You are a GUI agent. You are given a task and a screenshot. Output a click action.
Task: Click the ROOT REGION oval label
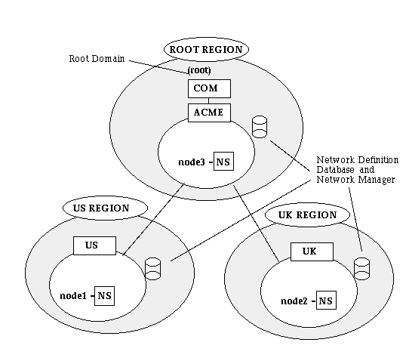click(x=206, y=49)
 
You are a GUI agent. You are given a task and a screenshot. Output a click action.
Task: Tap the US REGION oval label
click(x=105, y=208)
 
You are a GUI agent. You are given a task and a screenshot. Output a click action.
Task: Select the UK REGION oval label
click(x=307, y=215)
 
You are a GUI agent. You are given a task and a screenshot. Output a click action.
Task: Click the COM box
click(x=209, y=89)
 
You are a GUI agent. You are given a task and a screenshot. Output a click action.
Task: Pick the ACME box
click(x=209, y=113)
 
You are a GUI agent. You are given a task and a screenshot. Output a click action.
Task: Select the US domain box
click(x=94, y=245)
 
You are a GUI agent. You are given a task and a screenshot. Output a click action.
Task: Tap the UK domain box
click(x=312, y=251)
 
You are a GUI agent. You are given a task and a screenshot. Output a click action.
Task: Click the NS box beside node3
click(x=223, y=162)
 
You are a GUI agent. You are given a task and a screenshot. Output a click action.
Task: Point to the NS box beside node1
click(x=104, y=296)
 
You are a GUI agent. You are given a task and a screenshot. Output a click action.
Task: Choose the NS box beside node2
click(x=326, y=301)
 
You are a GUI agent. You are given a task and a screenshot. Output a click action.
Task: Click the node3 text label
click(x=192, y=162)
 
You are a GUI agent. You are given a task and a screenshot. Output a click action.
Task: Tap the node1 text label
click(x=73, y=296)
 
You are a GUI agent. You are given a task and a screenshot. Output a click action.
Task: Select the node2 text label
click(x=294, y=301)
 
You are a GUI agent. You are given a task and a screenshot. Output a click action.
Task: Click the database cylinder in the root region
click(x=260, y=127)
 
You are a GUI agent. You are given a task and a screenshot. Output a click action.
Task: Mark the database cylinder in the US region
click(x=152, y=269)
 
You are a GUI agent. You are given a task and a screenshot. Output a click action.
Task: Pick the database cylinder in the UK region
click(x=361, y=269)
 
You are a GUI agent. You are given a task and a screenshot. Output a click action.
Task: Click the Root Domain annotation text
click(x=97, y=58)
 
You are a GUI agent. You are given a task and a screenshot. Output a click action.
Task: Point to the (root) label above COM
click(x=199, y=70)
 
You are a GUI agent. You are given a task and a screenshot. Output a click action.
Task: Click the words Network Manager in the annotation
click(x=355, y=180)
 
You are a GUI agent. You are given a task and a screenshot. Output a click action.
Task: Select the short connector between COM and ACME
click(x=208, y=100)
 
